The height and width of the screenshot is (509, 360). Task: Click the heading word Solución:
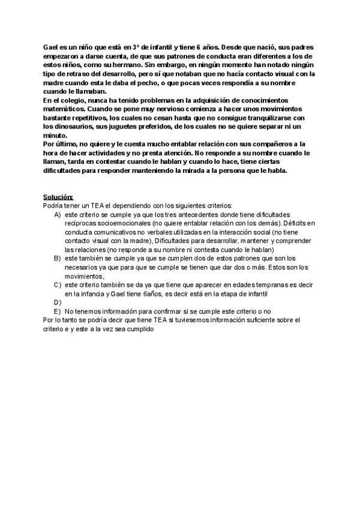pyautogui.click(x=58, y=197)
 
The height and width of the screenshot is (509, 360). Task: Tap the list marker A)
pyautogui.click(x=58, y=214)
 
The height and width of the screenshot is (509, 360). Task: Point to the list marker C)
pyautogui.click(x=58, y=284)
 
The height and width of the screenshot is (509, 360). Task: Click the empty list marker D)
pyautogui.click(x=58, y=302)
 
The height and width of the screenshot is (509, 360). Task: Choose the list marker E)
pyautogui.click(x=58, y=311)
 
